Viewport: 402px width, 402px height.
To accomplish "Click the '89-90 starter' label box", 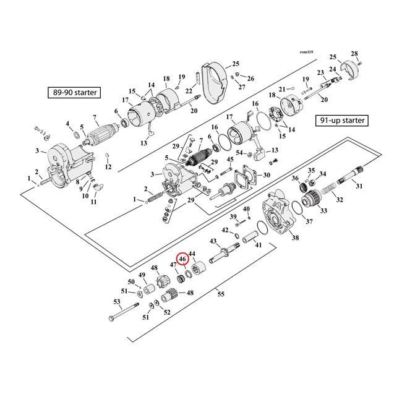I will pos(74,93).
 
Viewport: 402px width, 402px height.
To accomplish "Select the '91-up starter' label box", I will pos(341,121).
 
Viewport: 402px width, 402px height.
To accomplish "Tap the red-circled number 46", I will pos(183,260).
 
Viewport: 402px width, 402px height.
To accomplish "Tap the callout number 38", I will pos(295,238).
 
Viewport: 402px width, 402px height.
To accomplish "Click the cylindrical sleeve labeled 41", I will pos(252,237).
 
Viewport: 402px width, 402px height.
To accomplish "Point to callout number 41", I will pos(259,245).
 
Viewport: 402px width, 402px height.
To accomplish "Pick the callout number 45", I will pos(230,160).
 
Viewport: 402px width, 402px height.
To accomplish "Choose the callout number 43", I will pos(213,241).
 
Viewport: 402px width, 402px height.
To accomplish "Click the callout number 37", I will pos(309,221).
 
